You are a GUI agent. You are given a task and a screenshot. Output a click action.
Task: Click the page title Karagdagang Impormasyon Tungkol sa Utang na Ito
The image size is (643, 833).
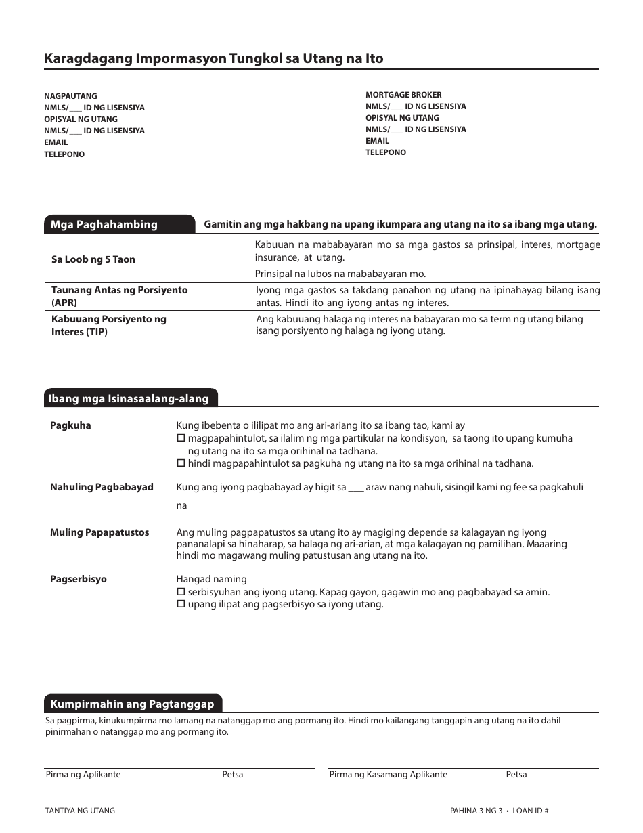pos(213,58)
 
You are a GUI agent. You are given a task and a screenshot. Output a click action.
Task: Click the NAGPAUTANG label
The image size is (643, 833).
pos(70,96)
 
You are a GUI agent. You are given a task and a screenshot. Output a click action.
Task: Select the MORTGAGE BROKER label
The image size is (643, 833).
pos(403,95)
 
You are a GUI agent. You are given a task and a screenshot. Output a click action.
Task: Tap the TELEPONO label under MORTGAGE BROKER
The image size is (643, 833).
pos(386,152)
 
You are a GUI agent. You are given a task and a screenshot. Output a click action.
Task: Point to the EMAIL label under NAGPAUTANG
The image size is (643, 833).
pos(56,142)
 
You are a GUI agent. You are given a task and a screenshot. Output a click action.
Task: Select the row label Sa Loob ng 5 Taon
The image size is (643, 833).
pos(93,259)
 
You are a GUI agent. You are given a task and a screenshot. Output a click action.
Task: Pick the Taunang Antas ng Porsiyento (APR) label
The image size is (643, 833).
pos(119,296)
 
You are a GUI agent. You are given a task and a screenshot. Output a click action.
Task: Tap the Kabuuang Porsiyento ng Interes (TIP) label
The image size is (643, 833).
pos(108,325)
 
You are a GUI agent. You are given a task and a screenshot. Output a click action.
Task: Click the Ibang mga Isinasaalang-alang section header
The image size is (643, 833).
pos(129,399)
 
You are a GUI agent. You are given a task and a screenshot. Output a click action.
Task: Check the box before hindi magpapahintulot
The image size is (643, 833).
pos(181,464)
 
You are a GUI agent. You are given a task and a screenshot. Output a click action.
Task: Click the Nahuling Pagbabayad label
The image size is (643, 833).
pos(102,487)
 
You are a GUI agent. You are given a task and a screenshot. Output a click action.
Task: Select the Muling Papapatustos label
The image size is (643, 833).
pos(99,532)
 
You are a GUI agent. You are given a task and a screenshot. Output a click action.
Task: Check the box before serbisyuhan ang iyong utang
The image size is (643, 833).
pos(181,592)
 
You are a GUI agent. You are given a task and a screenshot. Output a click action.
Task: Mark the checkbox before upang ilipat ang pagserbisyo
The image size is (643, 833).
pos(181,605)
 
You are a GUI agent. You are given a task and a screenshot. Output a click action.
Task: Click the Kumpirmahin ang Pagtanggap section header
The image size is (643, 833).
pos(132,704)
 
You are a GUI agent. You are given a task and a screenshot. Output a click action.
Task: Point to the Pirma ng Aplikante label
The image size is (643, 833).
pos(83,774)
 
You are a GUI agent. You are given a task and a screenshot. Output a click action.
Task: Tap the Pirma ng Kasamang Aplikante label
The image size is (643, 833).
pos(388,774)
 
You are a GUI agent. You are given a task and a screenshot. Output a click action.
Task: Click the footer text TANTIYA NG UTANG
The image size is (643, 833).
pos(80,811)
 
